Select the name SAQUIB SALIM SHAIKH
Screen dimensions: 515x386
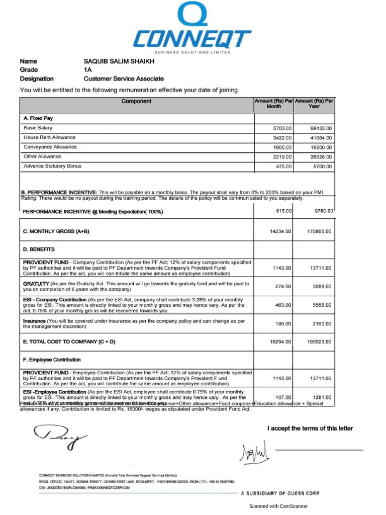(119, 61)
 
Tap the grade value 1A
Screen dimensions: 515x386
(87, 70)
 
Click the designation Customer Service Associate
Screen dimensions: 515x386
(123, 79)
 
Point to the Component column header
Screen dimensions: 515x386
(136, 102)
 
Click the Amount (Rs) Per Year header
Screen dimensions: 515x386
(314, 104)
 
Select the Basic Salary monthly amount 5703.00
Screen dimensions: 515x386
(282, 128)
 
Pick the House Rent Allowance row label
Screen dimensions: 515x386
(50, 137)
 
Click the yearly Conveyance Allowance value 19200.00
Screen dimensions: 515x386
(321, 147)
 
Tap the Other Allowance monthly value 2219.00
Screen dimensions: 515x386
(282, 157)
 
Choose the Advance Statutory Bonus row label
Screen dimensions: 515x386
(52, 166)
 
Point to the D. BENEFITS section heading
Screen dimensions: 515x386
(39, 249)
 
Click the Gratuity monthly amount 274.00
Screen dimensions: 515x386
(283, 287)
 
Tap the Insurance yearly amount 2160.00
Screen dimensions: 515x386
(322, 324)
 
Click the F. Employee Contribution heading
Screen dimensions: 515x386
(52, 360)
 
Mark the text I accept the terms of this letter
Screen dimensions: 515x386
(310, 428)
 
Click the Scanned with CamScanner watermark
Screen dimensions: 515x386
(278, 506)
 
